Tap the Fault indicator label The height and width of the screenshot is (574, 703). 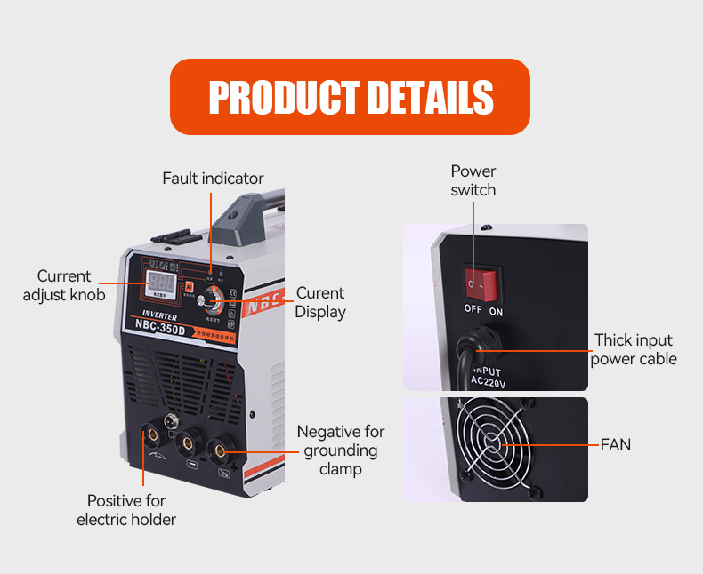point(213,179)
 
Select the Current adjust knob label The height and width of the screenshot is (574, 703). point(64,286)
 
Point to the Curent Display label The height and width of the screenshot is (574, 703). point(320,302)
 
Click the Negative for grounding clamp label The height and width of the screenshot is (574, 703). point(341,450)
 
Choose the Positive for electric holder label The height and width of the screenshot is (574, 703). point(126,510)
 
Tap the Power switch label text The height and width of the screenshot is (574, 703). point(473,180)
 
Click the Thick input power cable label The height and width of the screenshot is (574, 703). point(634,349)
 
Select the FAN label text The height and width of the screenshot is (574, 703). point(616,444)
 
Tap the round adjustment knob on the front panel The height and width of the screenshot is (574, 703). point(213,298)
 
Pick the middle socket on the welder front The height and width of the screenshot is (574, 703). point(188,441)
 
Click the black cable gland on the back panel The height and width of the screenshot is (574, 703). point(480,339)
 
